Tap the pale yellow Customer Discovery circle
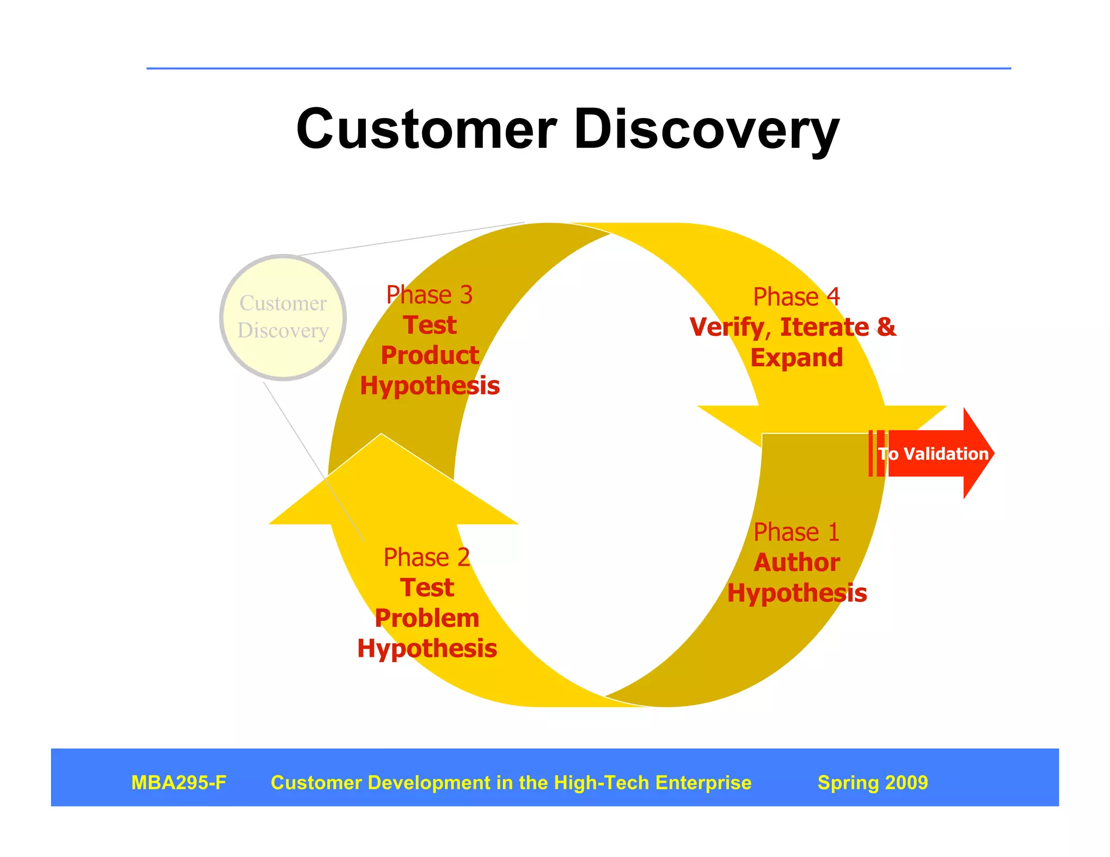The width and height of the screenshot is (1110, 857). point(283,317)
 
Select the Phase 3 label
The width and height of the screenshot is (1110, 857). point(429,295)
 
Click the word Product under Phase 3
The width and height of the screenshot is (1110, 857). point(430,356)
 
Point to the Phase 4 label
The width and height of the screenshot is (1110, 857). point(796,297)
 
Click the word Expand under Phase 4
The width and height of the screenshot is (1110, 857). point(796,358)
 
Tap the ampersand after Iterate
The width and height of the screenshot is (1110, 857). point(886,327)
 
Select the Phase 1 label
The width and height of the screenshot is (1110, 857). point(796,532)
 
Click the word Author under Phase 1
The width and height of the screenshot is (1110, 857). point(797,563)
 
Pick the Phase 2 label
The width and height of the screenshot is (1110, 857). point(427,557)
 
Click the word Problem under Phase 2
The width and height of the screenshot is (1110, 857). point(427,619)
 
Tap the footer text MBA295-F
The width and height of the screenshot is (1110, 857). point(178,783)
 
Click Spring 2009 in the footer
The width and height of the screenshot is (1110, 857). point(873,783)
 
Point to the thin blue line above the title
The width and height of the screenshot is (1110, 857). point(578,69)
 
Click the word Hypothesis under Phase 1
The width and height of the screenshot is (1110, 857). point(797,593)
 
